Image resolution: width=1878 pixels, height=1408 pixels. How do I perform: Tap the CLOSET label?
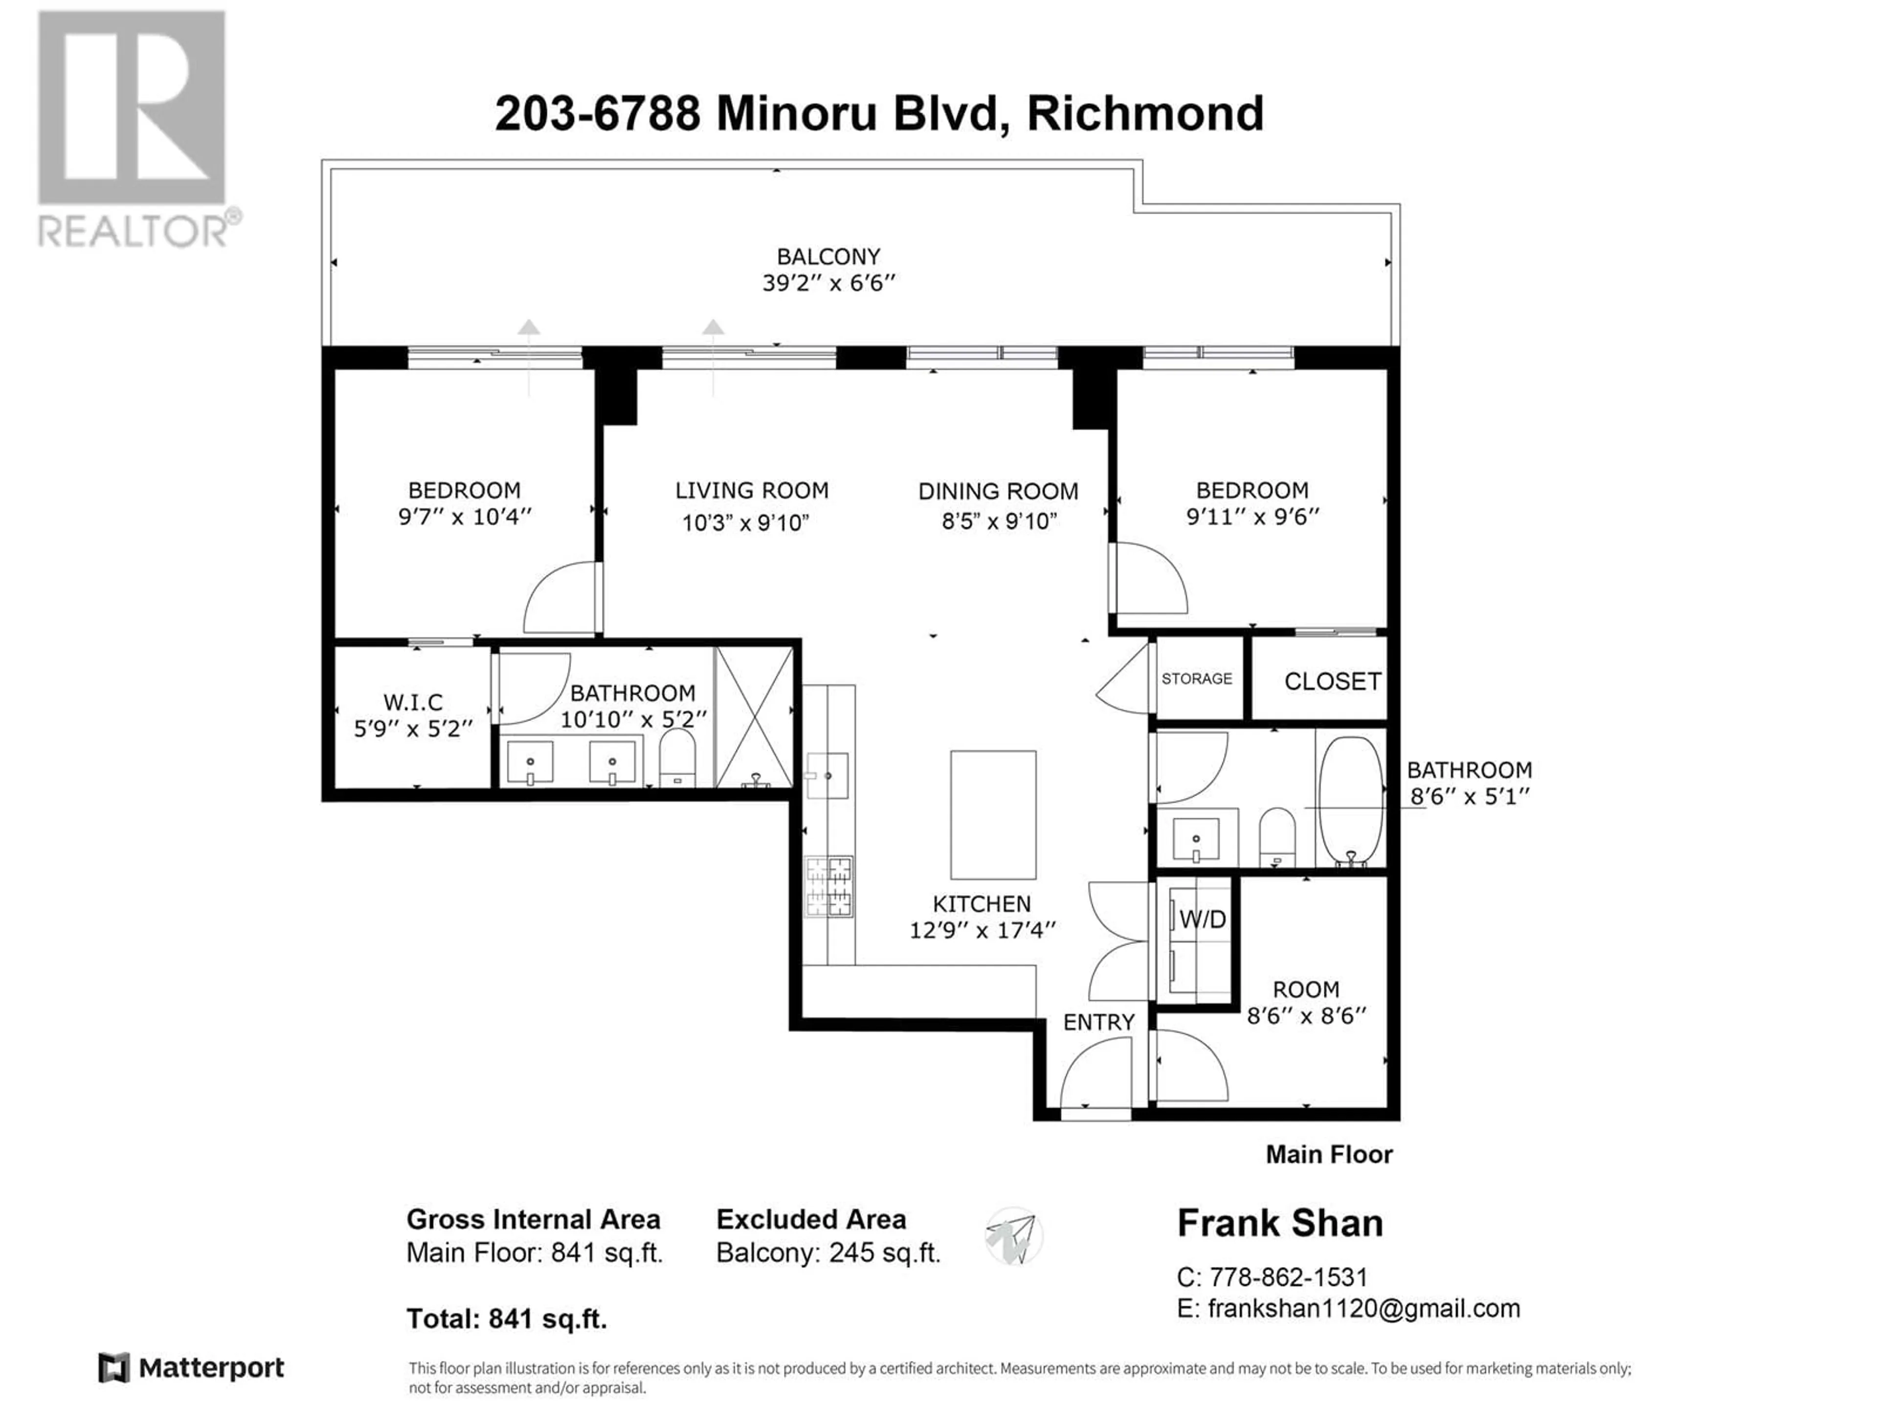point(1332,682)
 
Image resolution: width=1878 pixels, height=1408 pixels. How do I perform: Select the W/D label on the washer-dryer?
point(1203,919)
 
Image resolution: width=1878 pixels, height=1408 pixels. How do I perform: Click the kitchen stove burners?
point(828,887)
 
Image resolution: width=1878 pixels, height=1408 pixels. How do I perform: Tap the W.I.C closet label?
point(413,703)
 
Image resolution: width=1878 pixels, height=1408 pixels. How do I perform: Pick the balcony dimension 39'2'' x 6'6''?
point(828,283)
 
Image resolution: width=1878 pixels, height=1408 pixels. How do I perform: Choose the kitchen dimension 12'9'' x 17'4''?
point(983,931)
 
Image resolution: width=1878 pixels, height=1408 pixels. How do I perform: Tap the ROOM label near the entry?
point(1306,990)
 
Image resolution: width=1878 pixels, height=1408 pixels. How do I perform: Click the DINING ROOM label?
point(999,491)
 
